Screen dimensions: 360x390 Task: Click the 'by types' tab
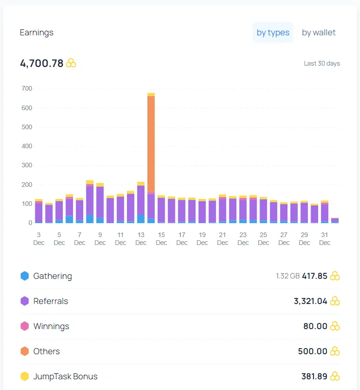tap(273, 33)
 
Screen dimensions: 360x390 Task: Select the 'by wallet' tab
tap(319, 33)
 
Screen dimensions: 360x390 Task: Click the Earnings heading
tap(37, 33)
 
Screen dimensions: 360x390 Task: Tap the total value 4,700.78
tap(42, 63)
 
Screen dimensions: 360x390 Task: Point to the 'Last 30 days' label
tap(322, 63)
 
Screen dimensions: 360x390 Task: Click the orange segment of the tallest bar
tap(151, 144)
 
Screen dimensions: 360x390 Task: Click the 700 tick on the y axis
tap(27, 88)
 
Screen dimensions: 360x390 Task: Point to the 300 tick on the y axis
tap(27, 165)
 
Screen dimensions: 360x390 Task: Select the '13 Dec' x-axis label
tap(141, 239)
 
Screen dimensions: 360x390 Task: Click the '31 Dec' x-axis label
tap(325, 239)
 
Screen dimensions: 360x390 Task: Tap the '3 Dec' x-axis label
tap(39, 239)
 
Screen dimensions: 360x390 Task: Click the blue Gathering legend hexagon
tap(25, 276)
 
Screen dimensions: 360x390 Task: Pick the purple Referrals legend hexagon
tap(25, 301)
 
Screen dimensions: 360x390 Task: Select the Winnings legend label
tap(51, 326)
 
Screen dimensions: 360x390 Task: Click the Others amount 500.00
tap(313, 351)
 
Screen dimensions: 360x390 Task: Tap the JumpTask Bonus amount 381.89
tap(314, 377)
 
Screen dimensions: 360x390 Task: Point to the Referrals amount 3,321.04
tap(311, 301)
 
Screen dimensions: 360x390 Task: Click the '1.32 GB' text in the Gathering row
tap(287, 276)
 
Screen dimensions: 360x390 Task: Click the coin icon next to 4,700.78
tap(71, 63)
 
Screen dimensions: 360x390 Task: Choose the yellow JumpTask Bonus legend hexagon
tap(25, 377)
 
